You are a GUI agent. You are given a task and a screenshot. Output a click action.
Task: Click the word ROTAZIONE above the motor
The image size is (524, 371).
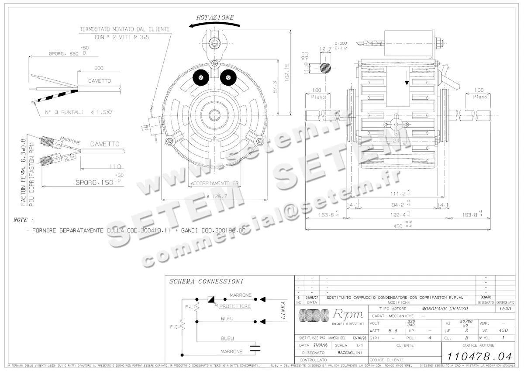(215, 17)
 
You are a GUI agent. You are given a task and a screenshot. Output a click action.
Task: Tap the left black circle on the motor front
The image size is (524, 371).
(201, 79)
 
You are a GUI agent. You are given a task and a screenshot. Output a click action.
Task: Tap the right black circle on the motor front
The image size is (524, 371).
(227, 78)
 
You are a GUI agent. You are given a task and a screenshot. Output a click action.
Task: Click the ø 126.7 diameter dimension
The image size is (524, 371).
(214, 197)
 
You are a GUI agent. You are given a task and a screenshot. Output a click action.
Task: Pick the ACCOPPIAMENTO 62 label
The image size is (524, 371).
(214, 183)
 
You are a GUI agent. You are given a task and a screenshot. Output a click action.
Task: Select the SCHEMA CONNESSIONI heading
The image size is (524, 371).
(206, 282)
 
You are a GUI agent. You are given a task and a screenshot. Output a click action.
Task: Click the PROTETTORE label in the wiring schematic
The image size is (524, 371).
(235, 306)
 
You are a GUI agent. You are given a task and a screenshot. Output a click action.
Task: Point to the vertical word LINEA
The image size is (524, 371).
(283, 310)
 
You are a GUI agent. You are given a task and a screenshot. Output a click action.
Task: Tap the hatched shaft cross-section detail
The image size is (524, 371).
(325, 68)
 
